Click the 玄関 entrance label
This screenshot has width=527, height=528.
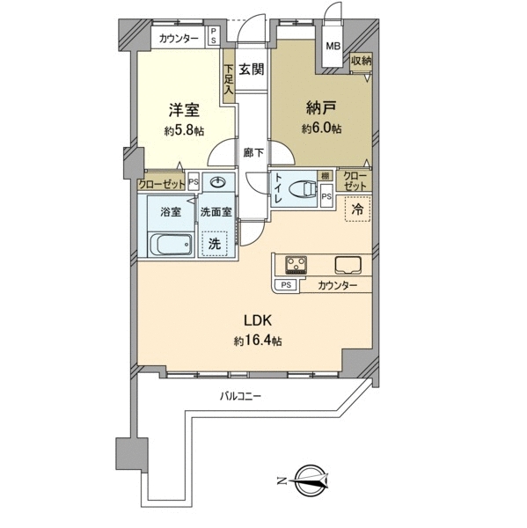coord(252,70)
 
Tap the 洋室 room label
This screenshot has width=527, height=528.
coord(184,110)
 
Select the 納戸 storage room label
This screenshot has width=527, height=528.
coord(321,108)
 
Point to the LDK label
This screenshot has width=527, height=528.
coord(258,321)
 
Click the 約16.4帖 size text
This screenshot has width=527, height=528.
coord(258,341)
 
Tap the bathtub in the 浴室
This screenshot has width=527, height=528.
coord(171,245)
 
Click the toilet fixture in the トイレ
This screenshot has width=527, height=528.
coord(303,189)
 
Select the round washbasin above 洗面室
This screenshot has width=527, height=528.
coord(218,183)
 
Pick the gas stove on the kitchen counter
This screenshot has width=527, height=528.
coord(296,265)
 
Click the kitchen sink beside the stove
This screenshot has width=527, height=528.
coord(348,265)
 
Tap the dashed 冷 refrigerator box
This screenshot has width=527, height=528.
coord(358,209)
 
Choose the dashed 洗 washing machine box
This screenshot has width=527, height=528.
coord(215,244)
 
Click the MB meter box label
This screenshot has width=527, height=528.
coord(333,46)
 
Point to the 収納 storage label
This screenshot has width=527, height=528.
coord(362,61)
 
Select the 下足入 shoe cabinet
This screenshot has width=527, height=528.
coord(229,77)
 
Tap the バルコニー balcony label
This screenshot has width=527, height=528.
coord(240,396)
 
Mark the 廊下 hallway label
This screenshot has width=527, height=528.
coord(253,153)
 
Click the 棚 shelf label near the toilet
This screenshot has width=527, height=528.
coord(325,175)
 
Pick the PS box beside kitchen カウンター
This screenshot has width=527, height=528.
coord(286,285)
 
